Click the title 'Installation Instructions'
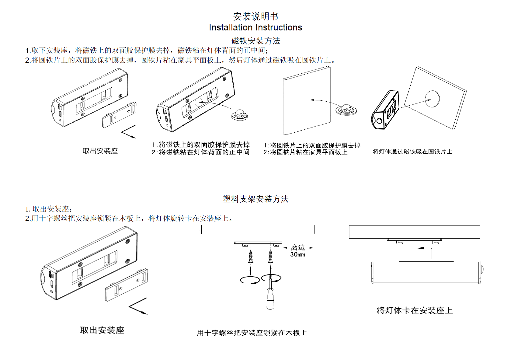click(255, 27)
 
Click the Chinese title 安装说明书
click(255, 16)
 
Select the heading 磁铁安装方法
click(255, 41)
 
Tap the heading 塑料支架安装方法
click(255, 199)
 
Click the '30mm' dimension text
click(297, 254)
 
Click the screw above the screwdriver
click(270, 256)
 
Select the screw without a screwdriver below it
click(251, 256)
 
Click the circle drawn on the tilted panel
click(432, 99)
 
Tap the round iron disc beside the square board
click(346, 110)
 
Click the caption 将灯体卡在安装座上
click(415, 310)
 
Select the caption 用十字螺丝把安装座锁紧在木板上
click(252, 333)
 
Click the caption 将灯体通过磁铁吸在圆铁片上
click(412, 152)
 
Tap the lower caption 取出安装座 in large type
click(102, 330)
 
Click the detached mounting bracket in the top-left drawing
click(119, 115)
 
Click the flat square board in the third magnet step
click(307, 100)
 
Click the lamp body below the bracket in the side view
click(426, 273)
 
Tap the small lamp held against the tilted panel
click(385, 110)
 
